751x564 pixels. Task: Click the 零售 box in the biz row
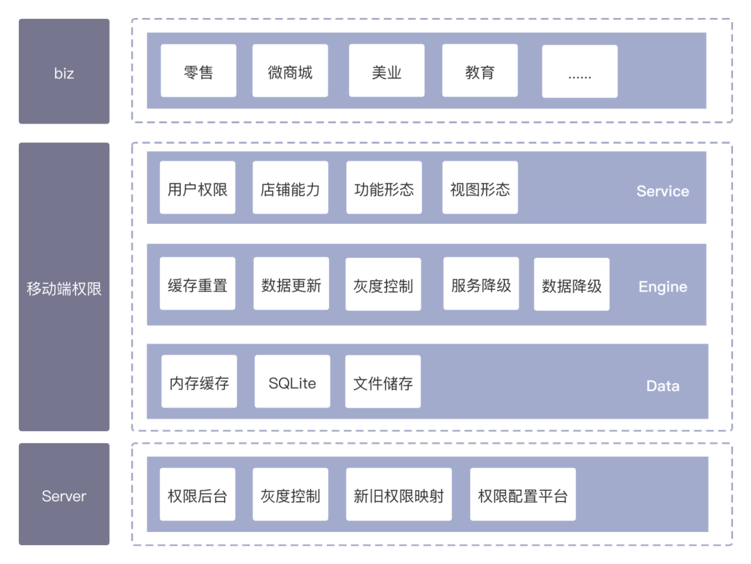pos(198,72)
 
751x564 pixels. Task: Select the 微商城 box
pos(290,72)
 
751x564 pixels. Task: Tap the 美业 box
pos(387,72)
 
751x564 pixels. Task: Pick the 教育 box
pos(480,72)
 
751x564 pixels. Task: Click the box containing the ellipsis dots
pos(579,72)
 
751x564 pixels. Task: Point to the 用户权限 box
pos(197,188)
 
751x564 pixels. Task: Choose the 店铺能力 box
pos(290,188)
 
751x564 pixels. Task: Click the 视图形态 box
pos(480,188)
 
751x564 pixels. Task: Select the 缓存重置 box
pos(197,284)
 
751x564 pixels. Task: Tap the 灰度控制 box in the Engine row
pos(383,284)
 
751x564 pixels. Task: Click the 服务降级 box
pos(481,284)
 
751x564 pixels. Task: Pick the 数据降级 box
pos(572,284)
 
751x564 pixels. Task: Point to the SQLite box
pos(292,382)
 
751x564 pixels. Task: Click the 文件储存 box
pos(383,382)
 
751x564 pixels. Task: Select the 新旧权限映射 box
pos(398,494)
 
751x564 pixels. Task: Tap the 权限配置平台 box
pos(522,494)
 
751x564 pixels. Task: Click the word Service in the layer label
pos(663,191)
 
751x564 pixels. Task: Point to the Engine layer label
pos(663,287)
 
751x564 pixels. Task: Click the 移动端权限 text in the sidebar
pos(64,289)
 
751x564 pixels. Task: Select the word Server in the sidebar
pos(64,496)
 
